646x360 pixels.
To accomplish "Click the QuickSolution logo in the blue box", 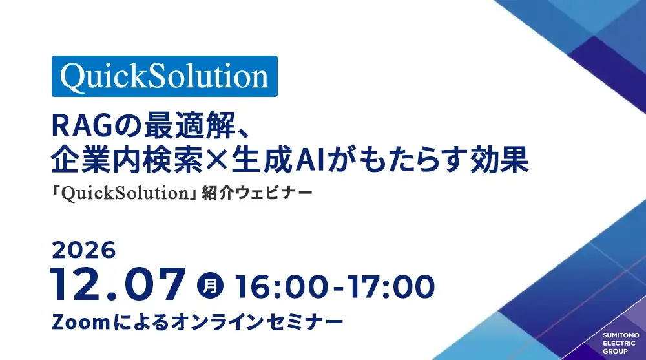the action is [164, 76].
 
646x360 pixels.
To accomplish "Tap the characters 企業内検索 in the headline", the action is [127, 160].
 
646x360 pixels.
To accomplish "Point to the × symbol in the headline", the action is [216, 160].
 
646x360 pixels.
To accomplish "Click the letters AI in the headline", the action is [310, 160].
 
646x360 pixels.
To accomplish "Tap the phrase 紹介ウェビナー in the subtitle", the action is [256, 193].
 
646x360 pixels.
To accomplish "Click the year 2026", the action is [83, 250].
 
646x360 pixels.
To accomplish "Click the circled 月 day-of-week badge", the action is [210, 286].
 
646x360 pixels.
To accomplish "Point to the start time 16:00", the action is [282, 286].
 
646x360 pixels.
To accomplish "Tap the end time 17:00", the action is [391, 286].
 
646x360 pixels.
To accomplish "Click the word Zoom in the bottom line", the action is [81, 322].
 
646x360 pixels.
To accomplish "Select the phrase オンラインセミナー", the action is [257, 322].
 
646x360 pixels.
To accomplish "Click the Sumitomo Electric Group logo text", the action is [621, 343].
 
